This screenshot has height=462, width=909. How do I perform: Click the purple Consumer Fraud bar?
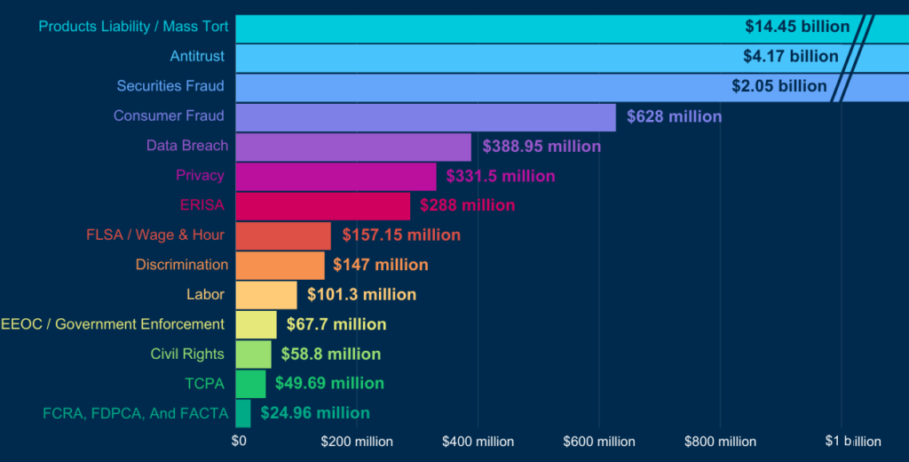(x=425, y=116)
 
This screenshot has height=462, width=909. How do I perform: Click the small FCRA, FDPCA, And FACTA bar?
(x=243, y=413)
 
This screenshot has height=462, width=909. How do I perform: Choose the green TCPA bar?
(x=250, y=384)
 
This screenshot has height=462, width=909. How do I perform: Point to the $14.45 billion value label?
(x=797, y=27)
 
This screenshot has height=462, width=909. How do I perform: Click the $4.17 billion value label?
(x=790, y=57)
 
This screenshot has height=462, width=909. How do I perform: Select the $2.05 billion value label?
(x=779, y=86)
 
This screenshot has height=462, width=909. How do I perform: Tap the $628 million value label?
(x=674, y=116)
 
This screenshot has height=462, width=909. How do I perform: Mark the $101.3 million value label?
(x=361, y=294)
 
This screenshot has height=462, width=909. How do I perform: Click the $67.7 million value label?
(x=336, y=324)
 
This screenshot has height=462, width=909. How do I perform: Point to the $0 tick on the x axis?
(x=239, y=441)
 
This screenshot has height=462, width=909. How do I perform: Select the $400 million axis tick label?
(x=478, y=442)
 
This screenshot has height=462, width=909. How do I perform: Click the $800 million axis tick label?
(x=720, y=442)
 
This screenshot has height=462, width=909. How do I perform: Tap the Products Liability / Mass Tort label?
(x=133, y=27)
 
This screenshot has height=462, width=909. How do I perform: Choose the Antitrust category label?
(x=197, y=57)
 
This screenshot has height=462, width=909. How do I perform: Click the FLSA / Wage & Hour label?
(x=155, y=235)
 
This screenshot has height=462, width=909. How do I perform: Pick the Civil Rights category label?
(x=187, y=354)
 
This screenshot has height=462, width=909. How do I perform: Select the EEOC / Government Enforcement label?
(x=113, y=324)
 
